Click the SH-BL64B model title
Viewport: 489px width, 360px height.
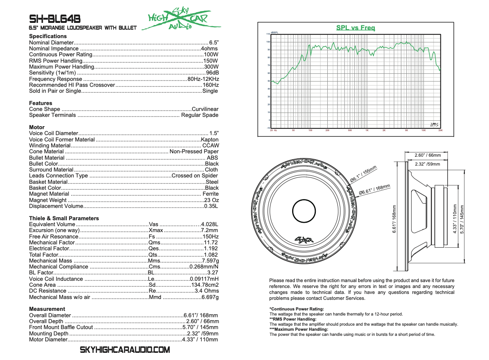coord(55,19)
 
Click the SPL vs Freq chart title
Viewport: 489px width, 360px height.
coord(356,28)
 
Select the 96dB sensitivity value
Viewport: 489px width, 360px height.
coord(212,73)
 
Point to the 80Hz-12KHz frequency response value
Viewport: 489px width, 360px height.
coord(203,79)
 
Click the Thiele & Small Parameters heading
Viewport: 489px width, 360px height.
coord(64,219)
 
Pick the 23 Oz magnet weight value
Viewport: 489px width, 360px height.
coord(211,200)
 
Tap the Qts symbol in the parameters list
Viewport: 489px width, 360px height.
coord(153,255)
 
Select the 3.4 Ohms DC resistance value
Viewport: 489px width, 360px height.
coord(207,291)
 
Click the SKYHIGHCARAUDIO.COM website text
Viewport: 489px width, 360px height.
coord(125,350)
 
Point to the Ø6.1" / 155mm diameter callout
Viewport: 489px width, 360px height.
coord(364,174)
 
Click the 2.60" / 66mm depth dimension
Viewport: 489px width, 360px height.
coord(428,155)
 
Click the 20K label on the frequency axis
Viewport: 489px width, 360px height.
coord(440,130)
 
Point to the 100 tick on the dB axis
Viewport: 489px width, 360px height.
coord(268,42)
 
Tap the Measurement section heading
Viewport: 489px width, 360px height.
coord(47,309)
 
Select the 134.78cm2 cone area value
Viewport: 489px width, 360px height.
coord(204,285)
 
